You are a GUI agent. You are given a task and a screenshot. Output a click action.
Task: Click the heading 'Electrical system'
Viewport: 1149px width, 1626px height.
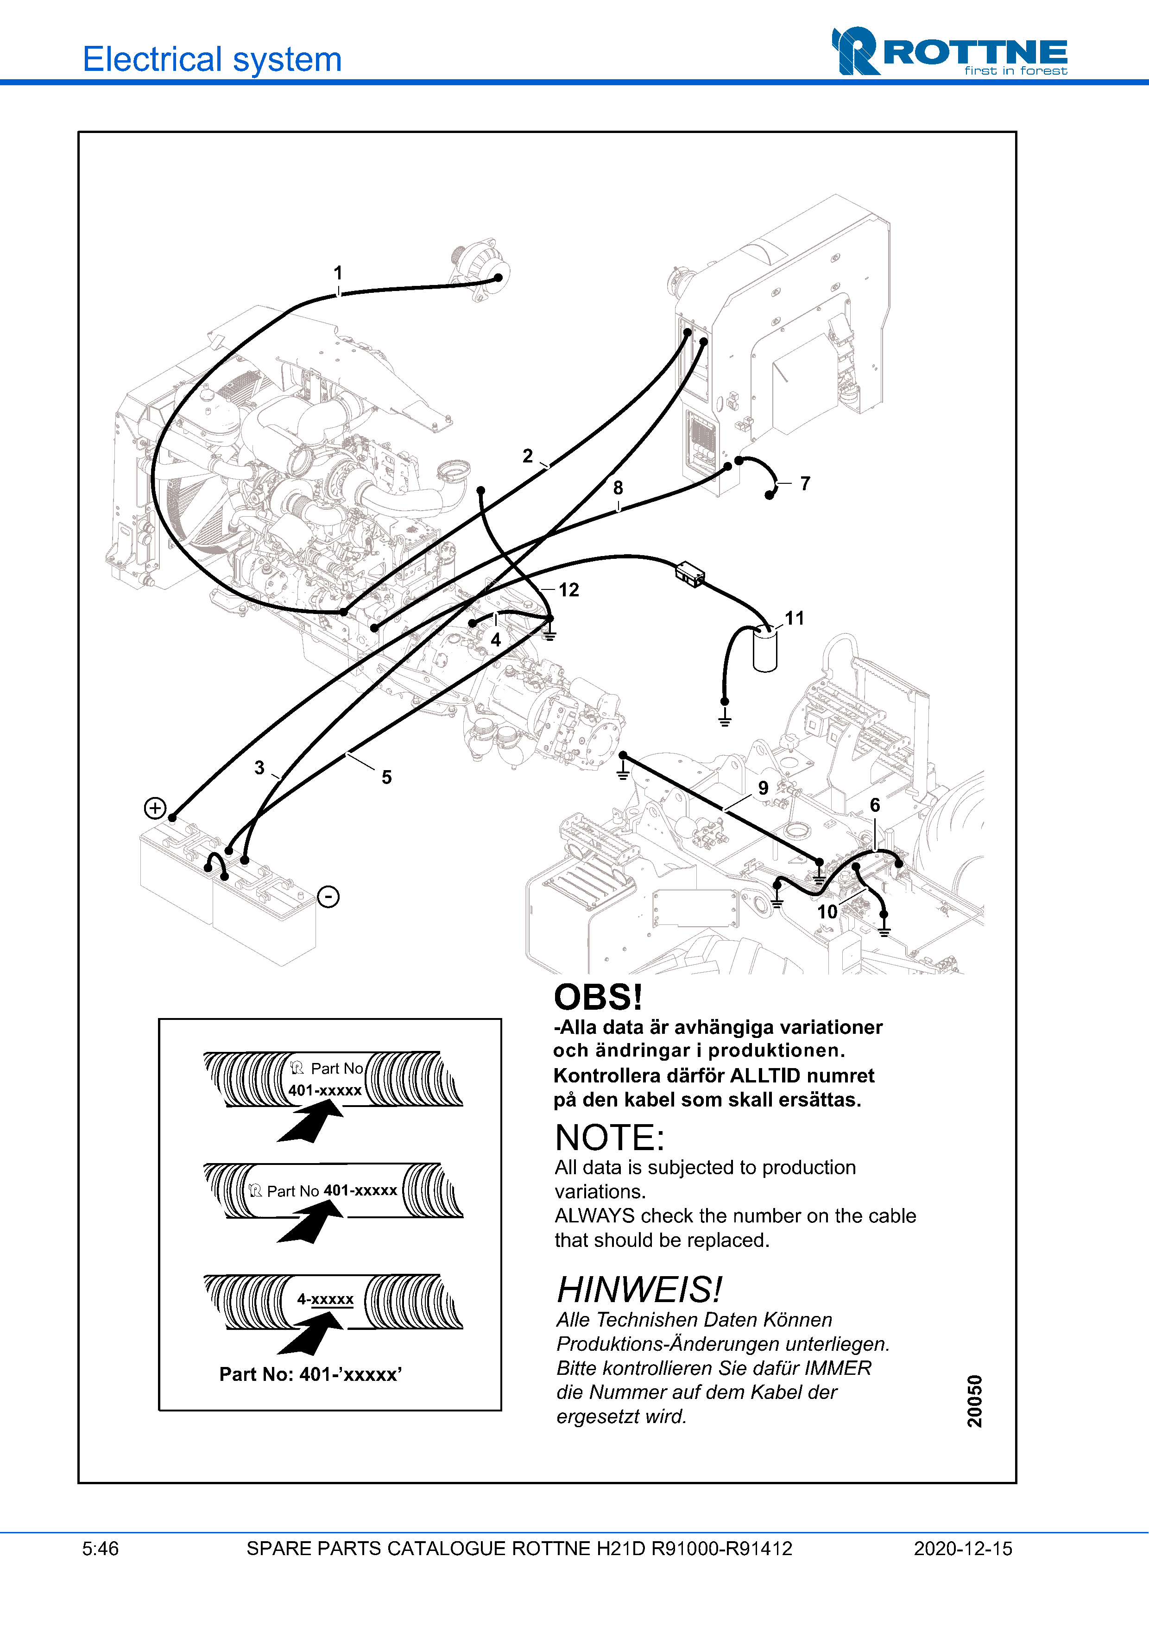212,59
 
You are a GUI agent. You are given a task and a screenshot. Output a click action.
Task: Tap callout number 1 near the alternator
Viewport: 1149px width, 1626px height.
338,272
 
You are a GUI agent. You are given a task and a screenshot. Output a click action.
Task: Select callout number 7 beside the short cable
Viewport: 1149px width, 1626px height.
805,484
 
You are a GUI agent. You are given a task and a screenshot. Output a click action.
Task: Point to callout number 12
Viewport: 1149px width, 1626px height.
568,590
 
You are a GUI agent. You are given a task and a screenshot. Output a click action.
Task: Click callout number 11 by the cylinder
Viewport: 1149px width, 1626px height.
794,618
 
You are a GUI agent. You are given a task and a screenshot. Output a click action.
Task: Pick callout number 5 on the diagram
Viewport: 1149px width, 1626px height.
386,777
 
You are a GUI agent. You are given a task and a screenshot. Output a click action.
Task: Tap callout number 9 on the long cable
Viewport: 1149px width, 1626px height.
763,788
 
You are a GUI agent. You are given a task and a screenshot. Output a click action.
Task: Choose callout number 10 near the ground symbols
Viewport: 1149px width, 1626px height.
827,911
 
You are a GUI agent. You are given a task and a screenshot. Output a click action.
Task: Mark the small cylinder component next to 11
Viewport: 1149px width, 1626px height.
764,650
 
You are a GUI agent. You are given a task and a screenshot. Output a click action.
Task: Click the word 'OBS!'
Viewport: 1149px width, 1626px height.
598,997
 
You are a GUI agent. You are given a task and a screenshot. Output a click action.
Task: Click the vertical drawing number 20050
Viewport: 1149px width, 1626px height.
975,1401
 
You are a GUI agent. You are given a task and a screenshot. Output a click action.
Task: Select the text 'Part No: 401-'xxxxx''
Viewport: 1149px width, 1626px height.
311,1374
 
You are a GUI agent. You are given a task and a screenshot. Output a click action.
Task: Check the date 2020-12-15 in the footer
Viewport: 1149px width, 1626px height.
963,1549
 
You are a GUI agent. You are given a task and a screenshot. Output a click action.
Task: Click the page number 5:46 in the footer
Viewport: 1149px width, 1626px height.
101,1549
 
